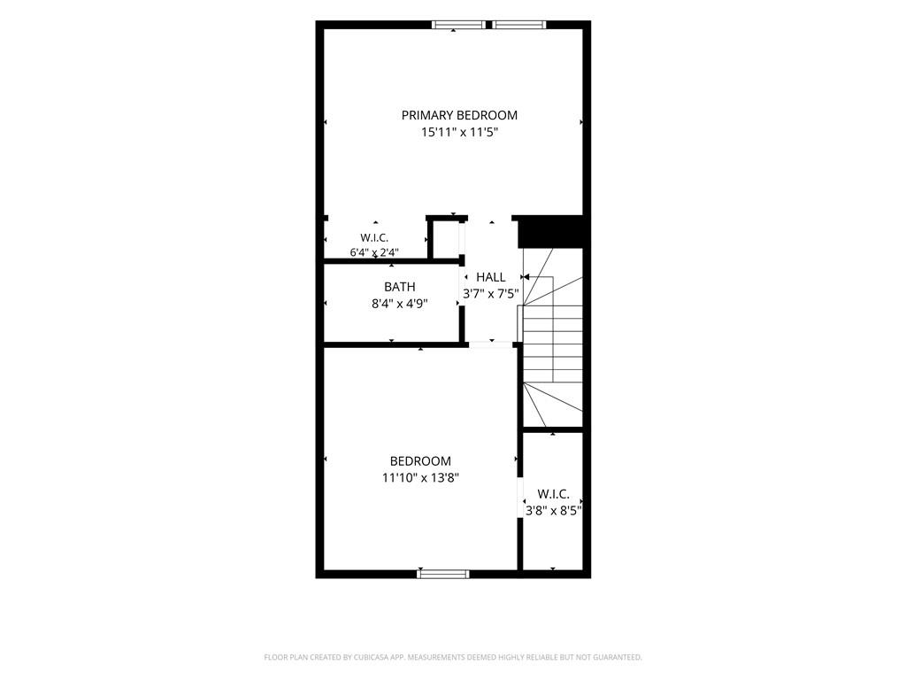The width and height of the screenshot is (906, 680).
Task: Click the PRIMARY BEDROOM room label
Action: [459, 115]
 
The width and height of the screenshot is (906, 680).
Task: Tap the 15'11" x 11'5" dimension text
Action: [459, 133]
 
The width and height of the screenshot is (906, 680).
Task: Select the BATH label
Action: [400, 287]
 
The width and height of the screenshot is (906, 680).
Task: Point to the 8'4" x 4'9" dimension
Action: [400, 304]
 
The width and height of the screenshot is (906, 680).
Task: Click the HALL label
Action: [490, 277]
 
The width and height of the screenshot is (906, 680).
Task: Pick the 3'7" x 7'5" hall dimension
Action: [490, 294]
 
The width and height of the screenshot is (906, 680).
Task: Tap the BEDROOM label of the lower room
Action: [420, 460]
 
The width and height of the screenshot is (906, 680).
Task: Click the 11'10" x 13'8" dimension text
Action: [420, 478]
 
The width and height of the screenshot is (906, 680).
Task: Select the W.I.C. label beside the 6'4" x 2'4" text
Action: [374, 237]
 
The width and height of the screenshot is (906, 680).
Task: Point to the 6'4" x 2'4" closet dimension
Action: [374, 252]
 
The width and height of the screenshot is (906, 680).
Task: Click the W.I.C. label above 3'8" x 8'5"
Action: [554, 494]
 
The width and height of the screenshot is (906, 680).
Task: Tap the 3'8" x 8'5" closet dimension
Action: [554, 511]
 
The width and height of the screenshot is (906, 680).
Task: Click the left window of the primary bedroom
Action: [459, 25]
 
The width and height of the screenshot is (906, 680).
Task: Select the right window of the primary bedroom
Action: [518, 25]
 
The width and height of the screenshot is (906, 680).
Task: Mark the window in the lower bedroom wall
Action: [443, 574]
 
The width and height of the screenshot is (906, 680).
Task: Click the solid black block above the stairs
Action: [550, 232]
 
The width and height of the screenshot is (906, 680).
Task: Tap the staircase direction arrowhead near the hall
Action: [526, 277]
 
